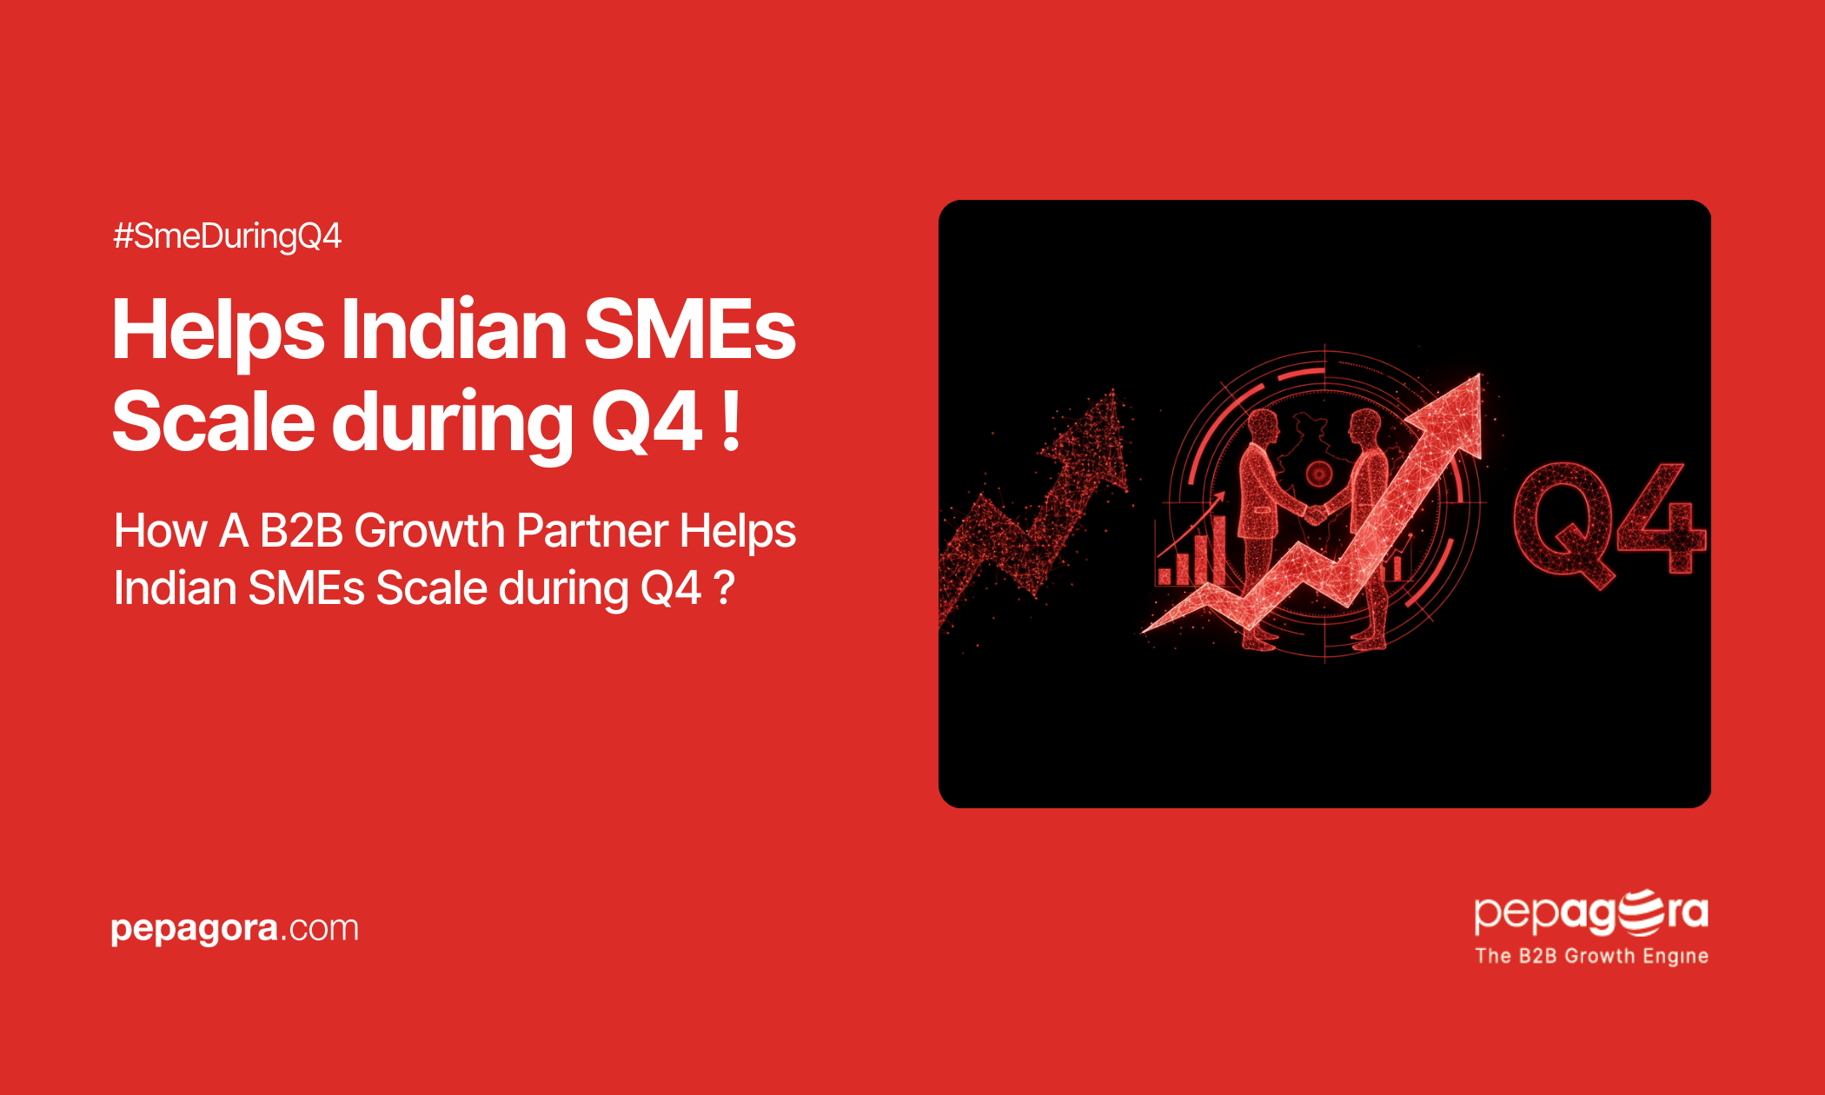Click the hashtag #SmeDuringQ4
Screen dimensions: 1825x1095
click(x=227, y=236)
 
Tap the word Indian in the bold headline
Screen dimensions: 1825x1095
click(x=454, y=329)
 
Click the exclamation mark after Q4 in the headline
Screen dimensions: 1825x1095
click(x=732, y=421)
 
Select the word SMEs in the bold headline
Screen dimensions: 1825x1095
click(x=690, y=329)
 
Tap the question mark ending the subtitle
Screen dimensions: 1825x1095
click(x=724, y=588)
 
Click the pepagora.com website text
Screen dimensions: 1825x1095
click(x=235, y=929)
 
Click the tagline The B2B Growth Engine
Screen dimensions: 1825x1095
click(x=1592, y=956)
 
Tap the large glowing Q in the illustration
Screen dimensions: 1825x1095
click(x=1563, y=523)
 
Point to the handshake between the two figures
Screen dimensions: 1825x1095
click(x=1315, y=514)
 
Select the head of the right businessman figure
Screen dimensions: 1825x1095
click(x=1365, y=426)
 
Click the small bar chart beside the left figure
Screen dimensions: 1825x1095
click(x=1191, y=551)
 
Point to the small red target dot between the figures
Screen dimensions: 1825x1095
click(x=1319, y=474)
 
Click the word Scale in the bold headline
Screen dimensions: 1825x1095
click(x=214, y=421)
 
